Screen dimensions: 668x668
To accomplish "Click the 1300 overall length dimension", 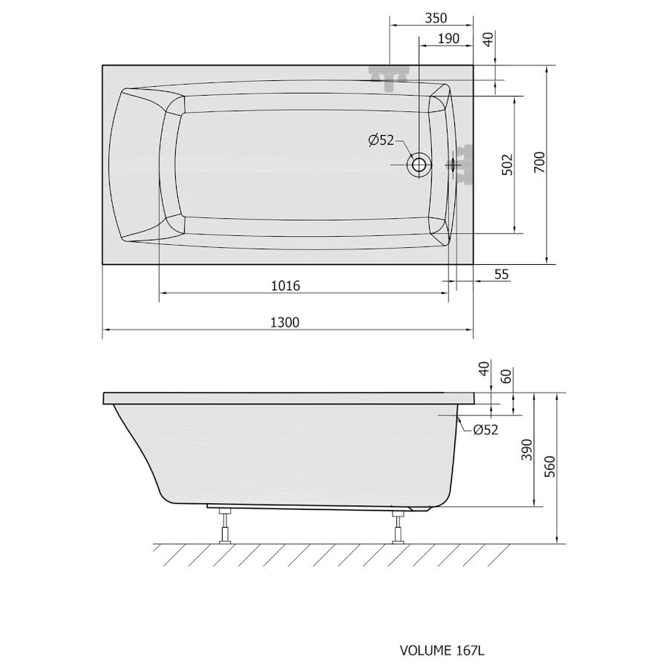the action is click(285, 323).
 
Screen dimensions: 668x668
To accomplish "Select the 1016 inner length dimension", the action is click(286, 286).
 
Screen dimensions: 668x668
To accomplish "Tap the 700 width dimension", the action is click(540, 163).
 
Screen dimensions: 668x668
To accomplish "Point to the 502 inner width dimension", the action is click(508, 165).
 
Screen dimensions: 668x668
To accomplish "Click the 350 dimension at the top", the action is click(436, 19).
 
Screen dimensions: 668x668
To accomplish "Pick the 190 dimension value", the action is click(448, 39).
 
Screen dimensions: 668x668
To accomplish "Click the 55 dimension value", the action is click(502, 275).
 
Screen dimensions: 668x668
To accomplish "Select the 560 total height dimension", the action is click(550, 467).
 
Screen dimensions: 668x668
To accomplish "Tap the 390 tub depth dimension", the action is click(527, 450).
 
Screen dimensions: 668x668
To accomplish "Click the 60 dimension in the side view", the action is click(505, 376).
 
